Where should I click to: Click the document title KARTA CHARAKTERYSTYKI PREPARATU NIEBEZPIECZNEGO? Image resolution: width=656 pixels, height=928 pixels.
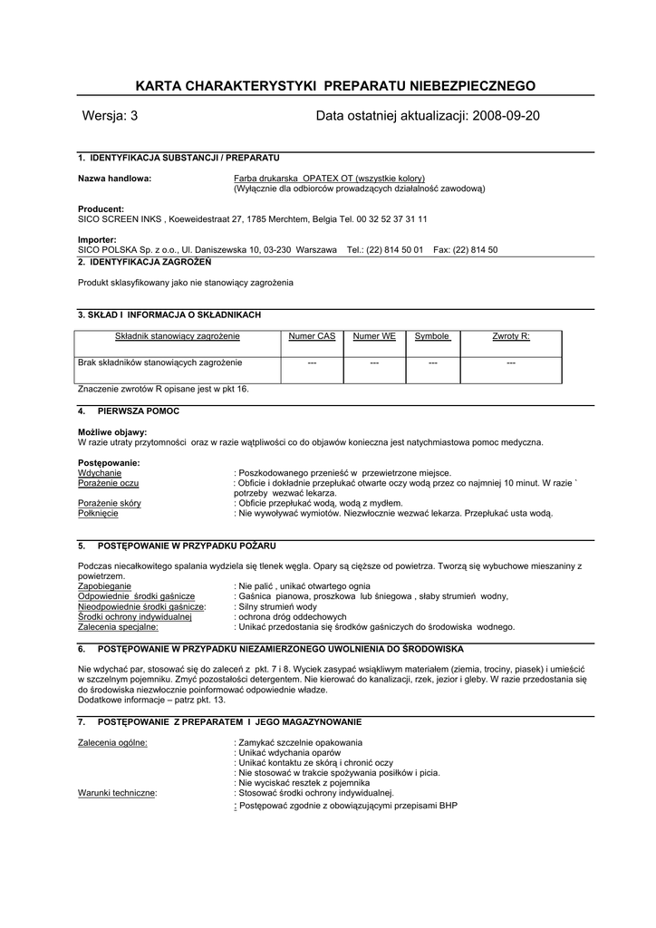point(335,86)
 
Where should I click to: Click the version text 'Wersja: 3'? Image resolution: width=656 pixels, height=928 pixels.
point(110,116)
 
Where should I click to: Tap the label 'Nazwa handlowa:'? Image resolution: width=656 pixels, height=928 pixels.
point(114,179)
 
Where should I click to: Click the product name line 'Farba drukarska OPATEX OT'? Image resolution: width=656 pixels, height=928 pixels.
point(329,179)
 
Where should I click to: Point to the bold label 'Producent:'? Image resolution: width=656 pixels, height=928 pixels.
point(101,209)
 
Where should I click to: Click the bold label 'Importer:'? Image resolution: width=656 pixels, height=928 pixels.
point(97,239)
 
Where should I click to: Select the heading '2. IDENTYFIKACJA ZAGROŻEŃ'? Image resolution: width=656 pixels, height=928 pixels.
point(144,261)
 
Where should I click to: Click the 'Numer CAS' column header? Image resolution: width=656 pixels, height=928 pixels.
point(312,336)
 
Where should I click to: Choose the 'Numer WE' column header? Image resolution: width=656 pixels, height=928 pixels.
point(374,336)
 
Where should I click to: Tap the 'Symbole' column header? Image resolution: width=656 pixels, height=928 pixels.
point(432,336)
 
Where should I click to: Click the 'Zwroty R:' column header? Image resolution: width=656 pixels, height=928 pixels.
point(511,336)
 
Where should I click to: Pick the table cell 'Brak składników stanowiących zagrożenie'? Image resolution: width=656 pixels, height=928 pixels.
point(160,362)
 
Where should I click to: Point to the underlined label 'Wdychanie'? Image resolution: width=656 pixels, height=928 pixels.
point(100,473)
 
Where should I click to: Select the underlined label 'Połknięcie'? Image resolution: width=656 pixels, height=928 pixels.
point(98,513)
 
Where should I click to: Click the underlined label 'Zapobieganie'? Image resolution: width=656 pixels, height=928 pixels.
point(104,586)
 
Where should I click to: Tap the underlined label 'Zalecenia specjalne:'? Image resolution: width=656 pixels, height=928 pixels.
point(119,626)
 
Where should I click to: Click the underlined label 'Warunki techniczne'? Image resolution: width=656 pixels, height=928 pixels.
point(117,793)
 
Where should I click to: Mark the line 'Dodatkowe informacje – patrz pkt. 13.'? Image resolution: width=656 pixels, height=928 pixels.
point(151,700)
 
